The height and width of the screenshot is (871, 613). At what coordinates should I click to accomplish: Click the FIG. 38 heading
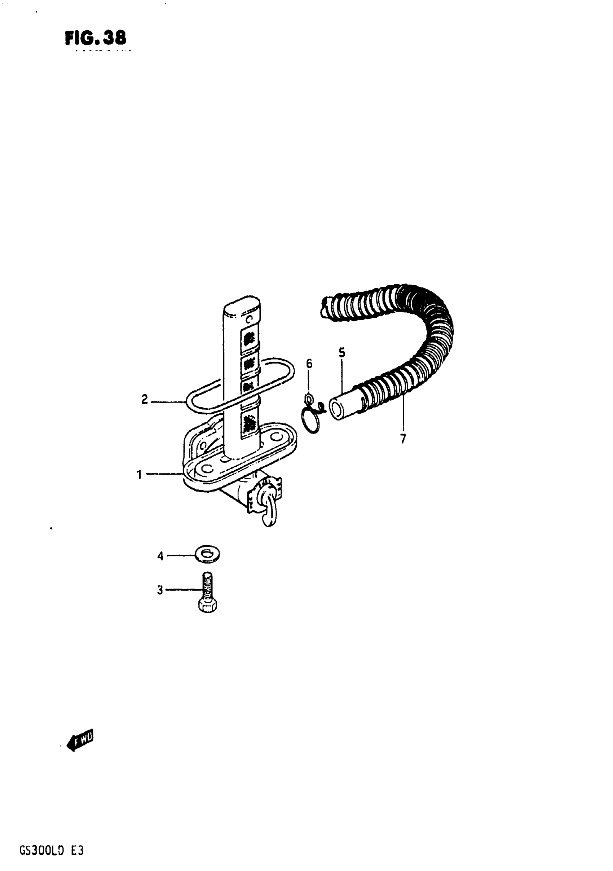point(95,38)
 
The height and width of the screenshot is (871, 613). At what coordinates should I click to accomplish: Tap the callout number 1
point(139,474)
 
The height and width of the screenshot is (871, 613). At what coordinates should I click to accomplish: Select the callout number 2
point(145,400)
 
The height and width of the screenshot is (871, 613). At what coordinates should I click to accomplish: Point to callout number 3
point(160,590)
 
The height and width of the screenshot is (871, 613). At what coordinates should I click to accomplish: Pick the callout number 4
point(160,557)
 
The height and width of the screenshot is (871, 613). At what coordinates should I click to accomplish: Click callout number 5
point(342,353)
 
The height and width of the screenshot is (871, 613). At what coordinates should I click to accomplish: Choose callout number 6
point(309,364)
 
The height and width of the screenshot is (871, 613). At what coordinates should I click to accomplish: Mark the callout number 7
point(403,439)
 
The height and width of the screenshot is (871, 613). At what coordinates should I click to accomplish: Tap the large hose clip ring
point(311,422)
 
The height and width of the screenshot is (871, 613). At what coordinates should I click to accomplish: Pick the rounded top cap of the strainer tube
point(242,307)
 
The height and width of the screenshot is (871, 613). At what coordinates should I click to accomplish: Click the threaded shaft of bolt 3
point(207,585)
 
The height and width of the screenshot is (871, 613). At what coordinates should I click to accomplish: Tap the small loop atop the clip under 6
point(309,398)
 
